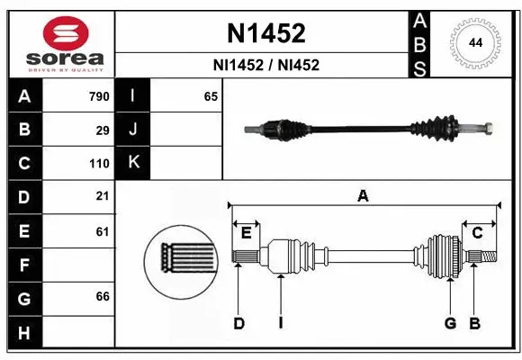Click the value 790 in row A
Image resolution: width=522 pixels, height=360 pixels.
point(98,96)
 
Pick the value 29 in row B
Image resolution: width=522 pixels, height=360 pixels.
point(103,130)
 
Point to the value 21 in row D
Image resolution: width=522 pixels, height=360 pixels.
point(103,196)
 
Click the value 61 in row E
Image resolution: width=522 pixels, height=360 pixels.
point(103,231)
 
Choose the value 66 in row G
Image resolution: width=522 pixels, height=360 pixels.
point(103,296)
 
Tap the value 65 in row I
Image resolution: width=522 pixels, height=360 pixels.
point(211,96)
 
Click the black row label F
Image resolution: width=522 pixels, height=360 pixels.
point(23,265)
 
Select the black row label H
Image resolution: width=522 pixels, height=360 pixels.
point(23,333)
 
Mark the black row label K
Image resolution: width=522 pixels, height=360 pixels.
point(134,163)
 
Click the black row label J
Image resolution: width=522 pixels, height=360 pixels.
point(134,130)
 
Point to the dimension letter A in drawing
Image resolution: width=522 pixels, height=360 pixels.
point(363,195)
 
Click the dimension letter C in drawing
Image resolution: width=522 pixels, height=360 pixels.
point(478,233)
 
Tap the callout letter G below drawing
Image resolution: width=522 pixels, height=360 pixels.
point(450,323)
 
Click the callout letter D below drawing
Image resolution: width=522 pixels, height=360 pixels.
point(238,323)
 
